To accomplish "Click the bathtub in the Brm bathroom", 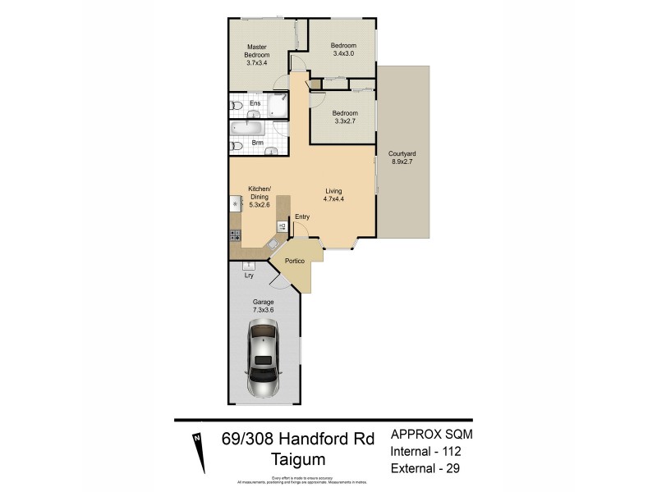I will pyautogui.click(x=247, y=129).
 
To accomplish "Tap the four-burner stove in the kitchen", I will pyautogui.click(x=235, y=236).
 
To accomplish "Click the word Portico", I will pyautogui.click(x=295, y=261).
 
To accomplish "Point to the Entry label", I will pyautogui.click(x=303, y=216).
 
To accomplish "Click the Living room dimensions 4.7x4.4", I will pyautogui.click(x=333, y=198).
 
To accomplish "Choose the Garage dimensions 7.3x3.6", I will pyautogui.click(x=264, y=310).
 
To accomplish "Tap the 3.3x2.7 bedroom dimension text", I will pyautogui.click(x=345, y=121).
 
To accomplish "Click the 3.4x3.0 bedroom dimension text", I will pyautogui.click(x=343, y=52).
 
